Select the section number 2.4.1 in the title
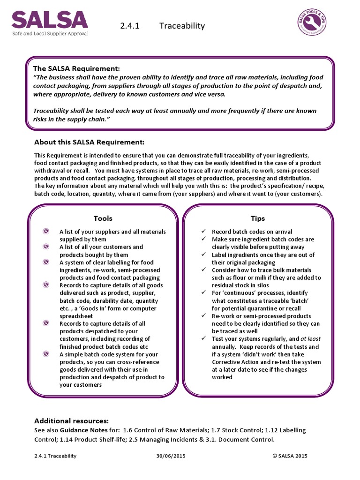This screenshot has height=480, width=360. tap(130, 26)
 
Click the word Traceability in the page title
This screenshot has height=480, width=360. tap(182, 26)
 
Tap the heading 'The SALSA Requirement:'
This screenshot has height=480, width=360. tap(76, 68)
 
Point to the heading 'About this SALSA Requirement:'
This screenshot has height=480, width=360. tap(90, 142)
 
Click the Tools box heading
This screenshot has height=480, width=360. tap(103, 218)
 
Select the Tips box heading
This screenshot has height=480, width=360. tap(257, 218)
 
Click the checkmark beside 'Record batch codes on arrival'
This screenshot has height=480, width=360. tap(203, 232)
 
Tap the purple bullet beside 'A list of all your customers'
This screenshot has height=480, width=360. tap(46, 247)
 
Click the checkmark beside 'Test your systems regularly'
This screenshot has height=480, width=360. tap(203, 338)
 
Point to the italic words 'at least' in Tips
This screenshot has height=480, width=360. tap(310, 338)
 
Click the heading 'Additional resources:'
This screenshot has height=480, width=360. tap(72, 420)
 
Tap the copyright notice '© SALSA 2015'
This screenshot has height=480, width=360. tap(290, 456)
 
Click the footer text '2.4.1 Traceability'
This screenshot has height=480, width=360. tap(55, 456)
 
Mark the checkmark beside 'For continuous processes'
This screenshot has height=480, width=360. tap(203, 292)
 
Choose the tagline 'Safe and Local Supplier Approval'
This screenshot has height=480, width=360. tap(50, 33)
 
